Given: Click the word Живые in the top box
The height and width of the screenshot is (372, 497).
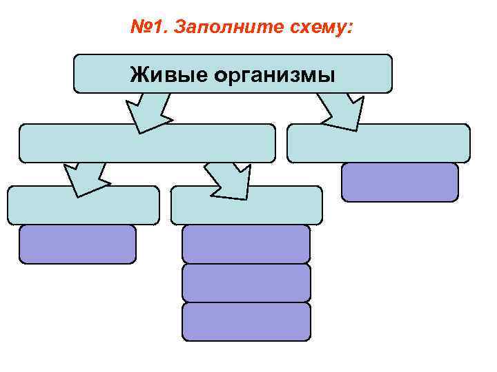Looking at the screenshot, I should tap(164, 74).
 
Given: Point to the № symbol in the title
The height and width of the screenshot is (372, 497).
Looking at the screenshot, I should tap(139, 28).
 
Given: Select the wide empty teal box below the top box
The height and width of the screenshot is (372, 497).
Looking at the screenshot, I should tap(147, 143).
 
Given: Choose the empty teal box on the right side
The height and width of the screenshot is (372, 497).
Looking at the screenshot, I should tap(378, 143).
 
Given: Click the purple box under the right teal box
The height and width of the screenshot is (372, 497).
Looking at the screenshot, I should tap(400, 182).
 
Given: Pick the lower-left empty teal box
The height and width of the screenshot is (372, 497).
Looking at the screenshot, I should tap(83, 205).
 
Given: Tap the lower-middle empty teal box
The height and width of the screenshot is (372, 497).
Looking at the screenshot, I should tap(246, 205).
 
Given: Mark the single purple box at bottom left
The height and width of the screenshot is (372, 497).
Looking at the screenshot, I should tap(77, 244).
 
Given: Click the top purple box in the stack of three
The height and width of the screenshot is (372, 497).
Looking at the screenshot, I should tap(246, 244).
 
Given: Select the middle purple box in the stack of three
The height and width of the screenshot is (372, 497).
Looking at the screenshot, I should tap(246, 282).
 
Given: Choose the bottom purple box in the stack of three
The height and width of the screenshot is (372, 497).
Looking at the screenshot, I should tap(246, 322).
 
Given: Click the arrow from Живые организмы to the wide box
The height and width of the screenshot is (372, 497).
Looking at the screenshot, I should tap(148, 110).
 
